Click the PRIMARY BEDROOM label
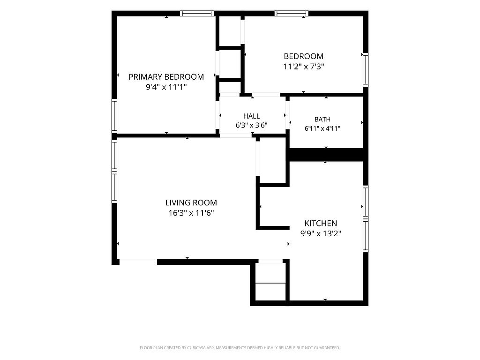[166, 77]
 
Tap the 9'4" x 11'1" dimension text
[166, 87]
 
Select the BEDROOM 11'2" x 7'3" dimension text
[304, 67]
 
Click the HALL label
[252, 116]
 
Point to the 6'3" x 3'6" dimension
[252, 125]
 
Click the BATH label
[322, 120]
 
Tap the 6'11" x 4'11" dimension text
[322, 128]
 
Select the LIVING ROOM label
[191, 202]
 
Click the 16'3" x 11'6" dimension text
[191, 213]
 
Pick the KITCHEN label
[321, 223]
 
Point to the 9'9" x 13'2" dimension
[321, 233]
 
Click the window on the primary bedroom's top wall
[197, 13]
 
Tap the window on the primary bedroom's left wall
[114, 116]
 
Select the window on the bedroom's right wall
[366, 69]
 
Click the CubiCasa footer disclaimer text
[240, 348]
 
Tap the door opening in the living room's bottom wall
[138, 261]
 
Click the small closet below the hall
[272, 160]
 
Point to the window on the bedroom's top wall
[292, 13]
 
